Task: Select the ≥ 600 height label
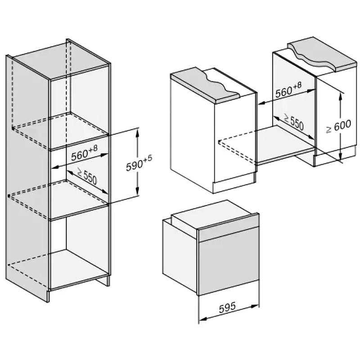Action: click(338, 127)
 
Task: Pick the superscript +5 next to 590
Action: click(150, 158)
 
